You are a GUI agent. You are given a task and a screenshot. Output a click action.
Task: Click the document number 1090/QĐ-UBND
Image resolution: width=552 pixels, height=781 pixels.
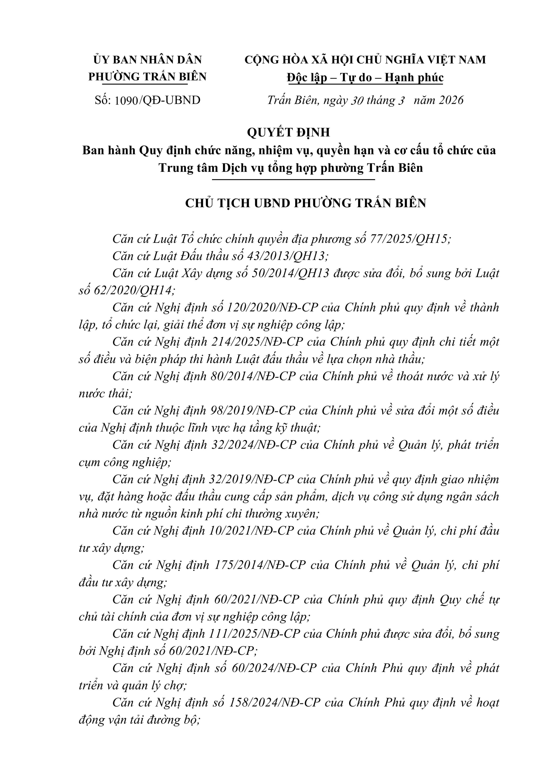coord(158,100)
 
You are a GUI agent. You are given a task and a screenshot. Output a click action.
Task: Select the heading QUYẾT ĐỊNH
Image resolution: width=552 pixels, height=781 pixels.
coord(288,132)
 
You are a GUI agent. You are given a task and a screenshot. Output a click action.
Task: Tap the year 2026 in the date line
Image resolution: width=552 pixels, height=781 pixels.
coord(451,100)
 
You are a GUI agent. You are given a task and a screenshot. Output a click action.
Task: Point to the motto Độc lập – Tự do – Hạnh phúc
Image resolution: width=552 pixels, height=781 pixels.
coord(365,78)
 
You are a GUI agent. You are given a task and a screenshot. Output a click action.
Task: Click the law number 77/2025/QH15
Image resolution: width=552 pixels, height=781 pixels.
coord(408,239)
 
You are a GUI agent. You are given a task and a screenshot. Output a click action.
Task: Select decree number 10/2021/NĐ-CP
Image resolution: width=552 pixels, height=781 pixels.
coord(251,531)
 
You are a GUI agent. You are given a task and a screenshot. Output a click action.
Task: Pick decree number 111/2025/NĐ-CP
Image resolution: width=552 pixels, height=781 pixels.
coord(253,634)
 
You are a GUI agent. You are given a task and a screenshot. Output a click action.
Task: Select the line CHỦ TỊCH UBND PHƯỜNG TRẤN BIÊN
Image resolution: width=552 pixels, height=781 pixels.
coord(305,203)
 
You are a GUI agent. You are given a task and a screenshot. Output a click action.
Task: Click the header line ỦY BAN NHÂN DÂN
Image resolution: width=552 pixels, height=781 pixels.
coord(147,60)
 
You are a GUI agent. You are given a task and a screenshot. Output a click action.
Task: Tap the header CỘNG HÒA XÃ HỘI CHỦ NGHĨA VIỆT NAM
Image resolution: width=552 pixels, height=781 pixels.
coord(365,60)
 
